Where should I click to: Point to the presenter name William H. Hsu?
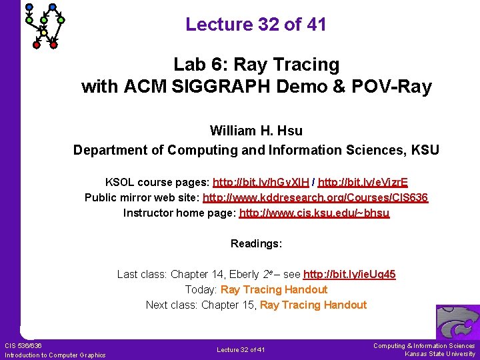coord(256,131)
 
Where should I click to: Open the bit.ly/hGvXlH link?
coord(262,182)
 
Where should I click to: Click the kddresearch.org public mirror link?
coord(315,197)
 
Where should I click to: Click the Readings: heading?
coord(256,244)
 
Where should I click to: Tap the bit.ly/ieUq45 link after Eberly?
coord(349,274)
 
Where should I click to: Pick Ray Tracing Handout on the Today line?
coord(274,289)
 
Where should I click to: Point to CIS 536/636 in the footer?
coord(23,345)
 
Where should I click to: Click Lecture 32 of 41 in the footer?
coord(241,350)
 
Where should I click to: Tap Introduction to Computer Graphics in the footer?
coord(55,355)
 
